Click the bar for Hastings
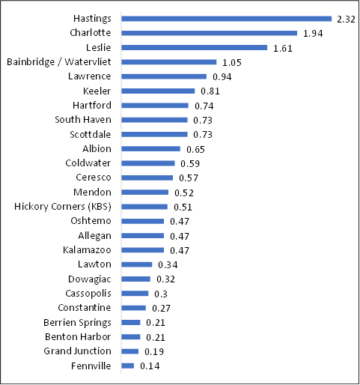(226, 19)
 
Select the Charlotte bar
(209, 33)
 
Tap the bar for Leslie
(194, 47)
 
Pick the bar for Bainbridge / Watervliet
(168, 62)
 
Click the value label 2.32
(346, 19)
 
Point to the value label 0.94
(222, 76)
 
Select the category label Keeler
(97, 91)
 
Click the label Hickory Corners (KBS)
(63, 207)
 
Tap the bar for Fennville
(127, 366)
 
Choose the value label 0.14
(150, 366)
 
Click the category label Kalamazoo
(87, 250)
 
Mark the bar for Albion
(150, 149)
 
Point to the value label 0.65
(195, 149)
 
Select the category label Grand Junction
(77, 351)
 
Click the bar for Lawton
(136, 264)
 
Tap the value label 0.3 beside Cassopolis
(160, 294)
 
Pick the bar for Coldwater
(147, 163)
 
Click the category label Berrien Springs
(79, 322)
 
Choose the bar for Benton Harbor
(130, 337)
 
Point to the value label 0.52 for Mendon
(184, 192)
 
